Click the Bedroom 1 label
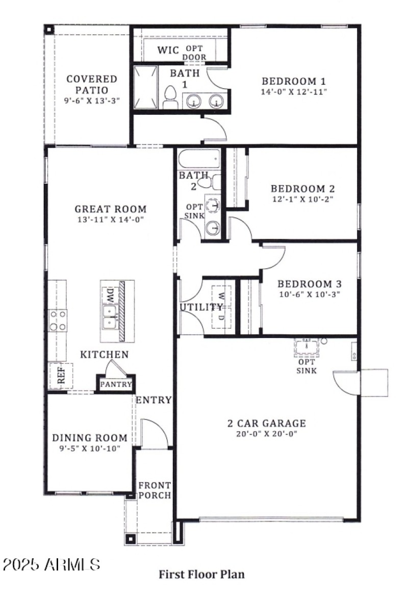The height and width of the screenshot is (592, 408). pos(293,81)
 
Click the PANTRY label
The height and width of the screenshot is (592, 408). pos(116,384)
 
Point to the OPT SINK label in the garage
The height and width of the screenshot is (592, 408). pos(307,366)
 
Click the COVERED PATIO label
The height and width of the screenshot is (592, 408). pos(92,84)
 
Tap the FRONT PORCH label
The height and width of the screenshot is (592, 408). pos(155,490)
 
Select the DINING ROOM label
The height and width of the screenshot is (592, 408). pos(90,438)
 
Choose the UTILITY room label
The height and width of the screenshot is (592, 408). pos(201,307)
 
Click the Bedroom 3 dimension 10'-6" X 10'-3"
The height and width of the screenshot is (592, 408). pos(309,294)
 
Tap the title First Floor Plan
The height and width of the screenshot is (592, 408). pos(201,574)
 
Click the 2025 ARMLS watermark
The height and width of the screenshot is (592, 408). pos(51,564)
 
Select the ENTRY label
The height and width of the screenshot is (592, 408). pos(154,400)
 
